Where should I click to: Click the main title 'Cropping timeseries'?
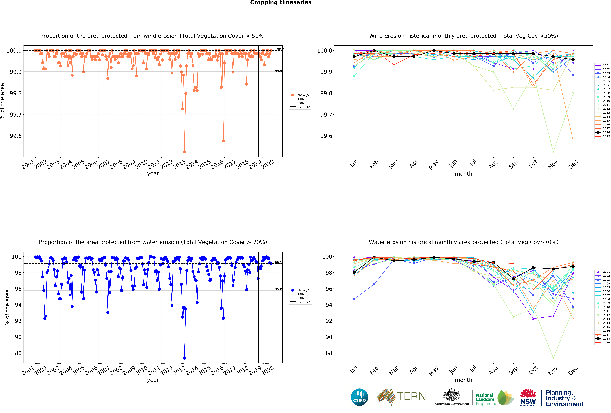[x=281, y=3]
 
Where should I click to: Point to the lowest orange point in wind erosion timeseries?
[x=185, y=152]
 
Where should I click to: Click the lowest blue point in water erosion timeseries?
[x=185, y=358]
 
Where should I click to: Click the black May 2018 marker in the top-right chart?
[x=434, y=51]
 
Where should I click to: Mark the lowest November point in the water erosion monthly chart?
[x=553, y=358]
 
